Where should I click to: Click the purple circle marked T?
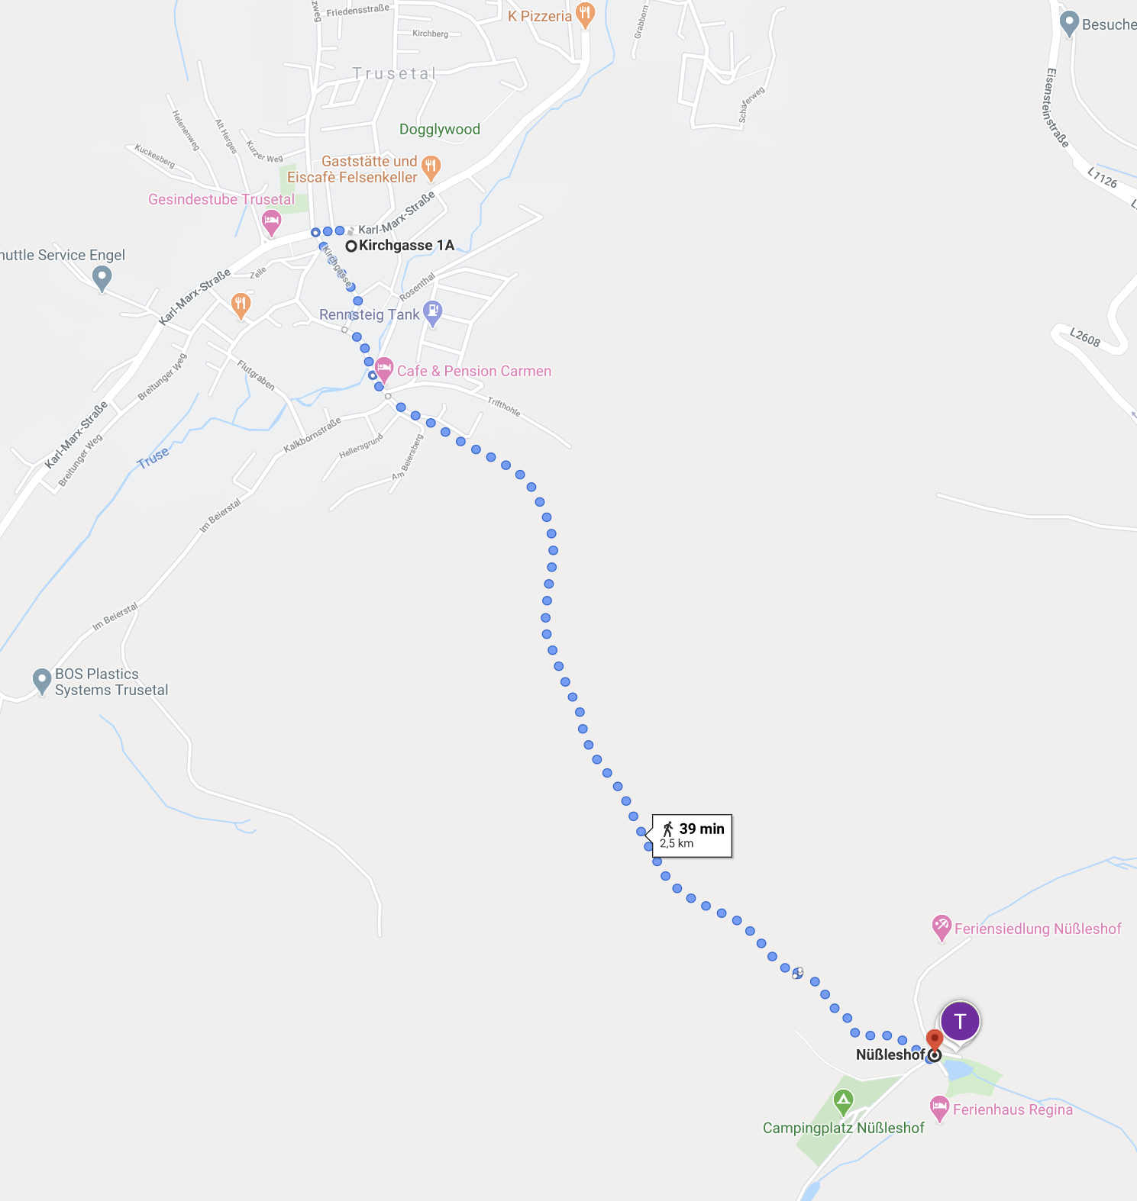[x=960, y=1021]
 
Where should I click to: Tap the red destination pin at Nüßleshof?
[x=935, y=1039]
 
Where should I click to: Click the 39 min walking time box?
[x=693, y=836]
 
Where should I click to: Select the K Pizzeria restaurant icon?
[x=585, y=14]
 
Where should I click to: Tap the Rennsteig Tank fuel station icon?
[x=433, y=311]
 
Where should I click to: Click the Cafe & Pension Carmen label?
[x=473, y=372]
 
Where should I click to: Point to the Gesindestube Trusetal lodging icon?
[x=271, y=222]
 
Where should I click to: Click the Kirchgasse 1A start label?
[x=405, y=246]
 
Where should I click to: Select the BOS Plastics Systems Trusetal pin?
[x=42, y=680]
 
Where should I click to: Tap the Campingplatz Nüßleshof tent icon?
[x=843, y=1101]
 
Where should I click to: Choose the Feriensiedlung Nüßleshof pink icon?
[x=942, y=926]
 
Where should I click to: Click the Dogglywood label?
[x=440, y=130]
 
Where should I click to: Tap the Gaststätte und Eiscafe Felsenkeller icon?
[x=431, y=166]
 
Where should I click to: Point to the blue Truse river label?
[x=153, y=458]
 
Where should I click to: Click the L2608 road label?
[x=1084, y=336]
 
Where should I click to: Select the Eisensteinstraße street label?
[x=1057, y=108]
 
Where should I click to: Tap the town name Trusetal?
[x=394, y=74]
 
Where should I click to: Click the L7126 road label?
[x=1102, y=179]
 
